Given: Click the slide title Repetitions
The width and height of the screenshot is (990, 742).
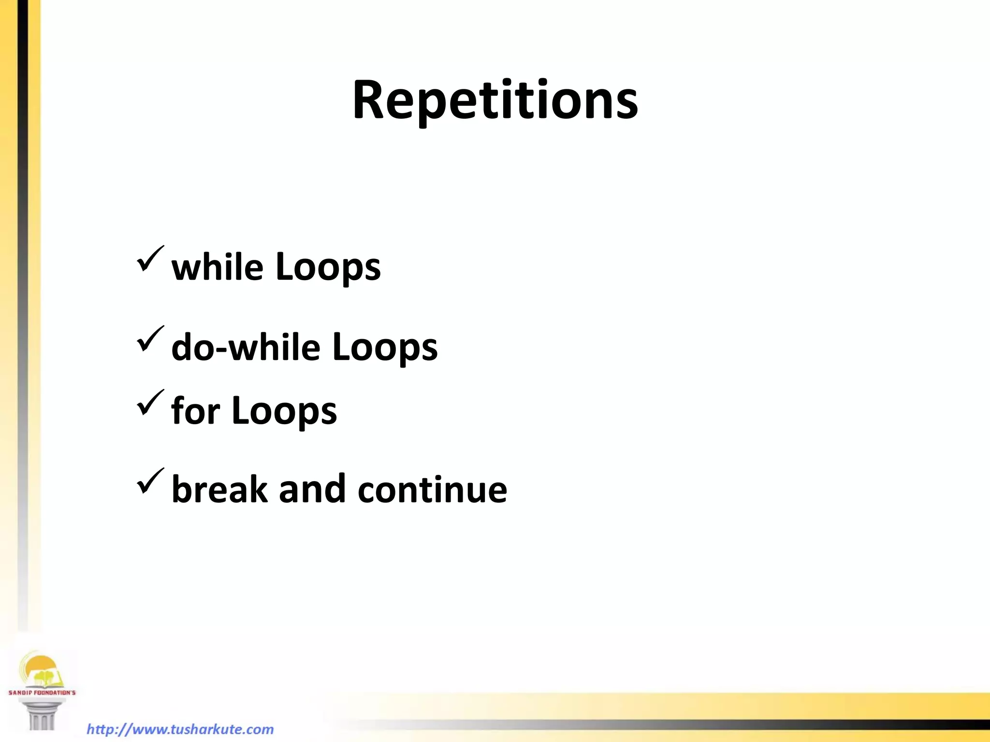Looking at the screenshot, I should (x=495, y=100).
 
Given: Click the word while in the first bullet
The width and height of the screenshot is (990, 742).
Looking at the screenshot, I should (x=217, y=267).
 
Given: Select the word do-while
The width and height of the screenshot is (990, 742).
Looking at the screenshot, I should (x=246, y=347).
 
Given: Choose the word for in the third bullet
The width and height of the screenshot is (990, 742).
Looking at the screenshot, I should (x=196, y=411).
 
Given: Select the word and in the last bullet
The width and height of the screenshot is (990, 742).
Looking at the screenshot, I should (x=312, y=489).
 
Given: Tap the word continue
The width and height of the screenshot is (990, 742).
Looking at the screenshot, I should (x=432, y=489).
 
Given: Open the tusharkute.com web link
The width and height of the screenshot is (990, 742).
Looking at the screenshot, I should (x=180, y=729).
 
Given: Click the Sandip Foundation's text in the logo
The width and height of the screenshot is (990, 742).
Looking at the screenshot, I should (x=42, y=693).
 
